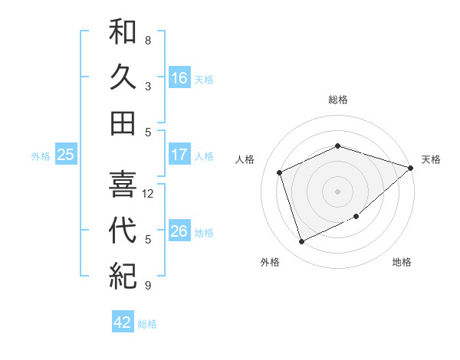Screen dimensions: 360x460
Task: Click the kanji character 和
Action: (123, 34)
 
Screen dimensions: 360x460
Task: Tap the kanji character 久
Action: (123, 77)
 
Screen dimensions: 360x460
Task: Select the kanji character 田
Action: (123, 123)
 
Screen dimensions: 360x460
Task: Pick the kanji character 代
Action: (123, 231)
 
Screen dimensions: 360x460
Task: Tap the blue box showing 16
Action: (179, 78)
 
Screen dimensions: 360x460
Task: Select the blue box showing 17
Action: (179, 155)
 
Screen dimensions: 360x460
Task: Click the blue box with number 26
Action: (179, 231)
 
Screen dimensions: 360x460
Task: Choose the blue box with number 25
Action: (66, 155)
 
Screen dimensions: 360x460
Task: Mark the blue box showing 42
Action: (123, 322)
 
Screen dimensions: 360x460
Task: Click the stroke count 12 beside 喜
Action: (149, 194)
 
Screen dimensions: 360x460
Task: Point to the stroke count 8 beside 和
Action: (148, 41)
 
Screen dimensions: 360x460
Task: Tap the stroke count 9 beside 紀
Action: (148, 286)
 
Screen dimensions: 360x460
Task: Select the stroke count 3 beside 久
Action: (148, 87)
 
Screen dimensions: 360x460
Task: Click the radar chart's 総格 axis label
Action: (338, 100)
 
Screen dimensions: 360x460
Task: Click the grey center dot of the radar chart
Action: (338, 191)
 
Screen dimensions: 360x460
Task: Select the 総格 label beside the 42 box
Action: (147, 324)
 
